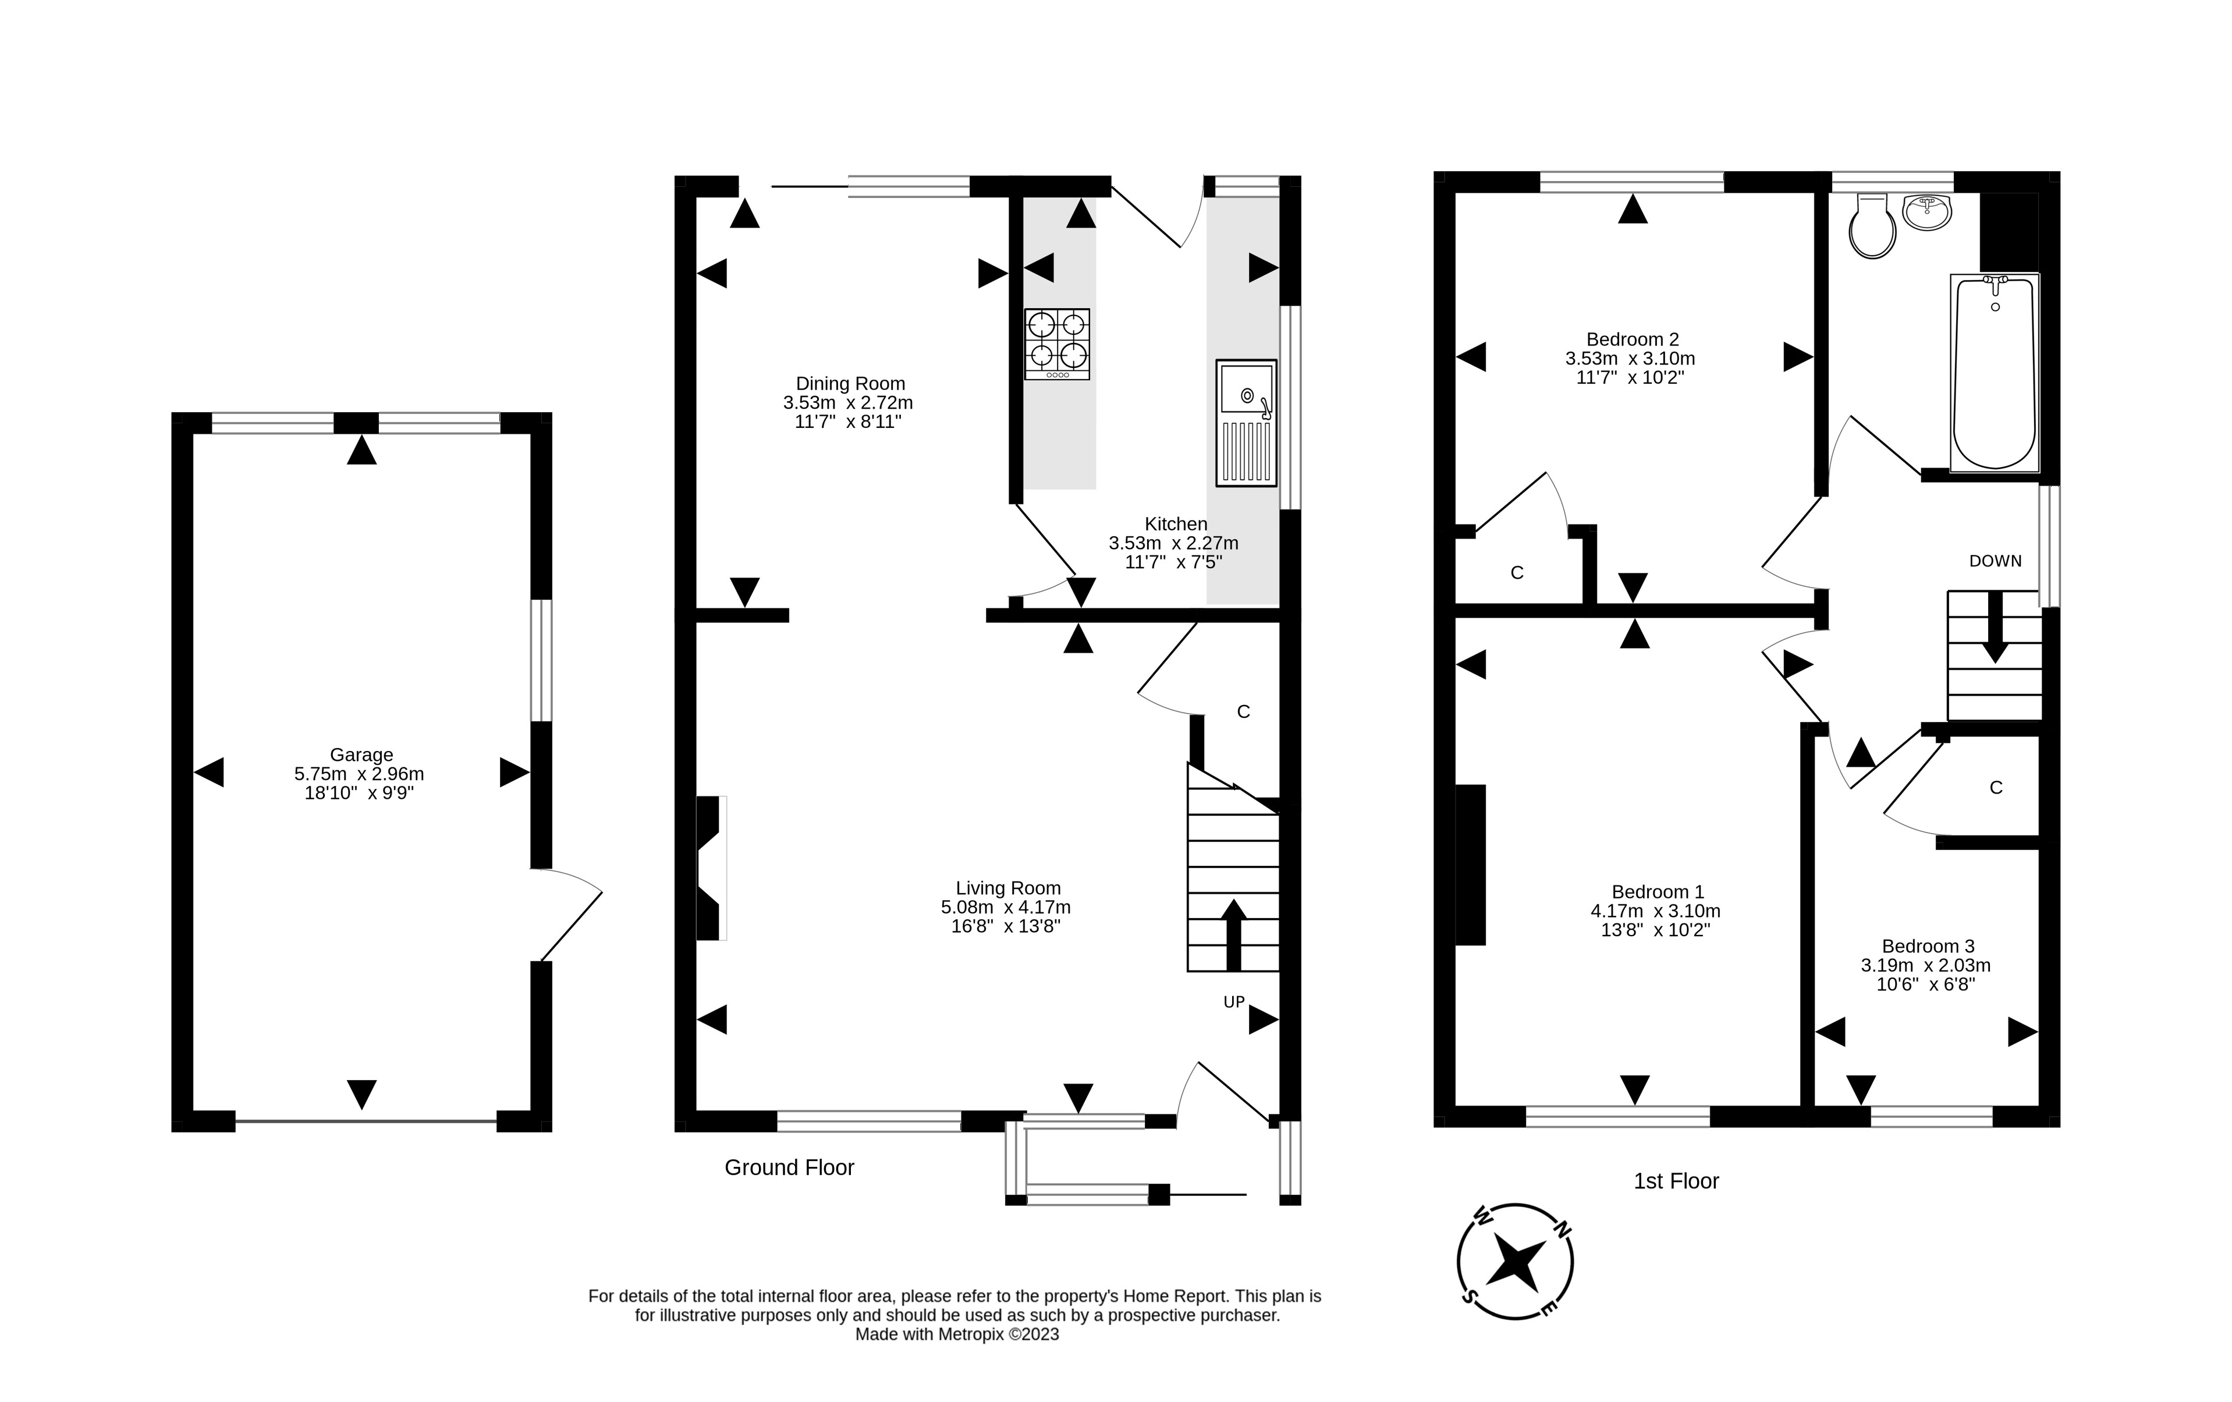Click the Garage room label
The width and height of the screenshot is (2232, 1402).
point(361,755)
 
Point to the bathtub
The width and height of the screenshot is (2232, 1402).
point(1995,372)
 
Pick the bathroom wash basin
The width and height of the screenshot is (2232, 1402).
point(1928,211)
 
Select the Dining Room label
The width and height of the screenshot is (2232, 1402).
point(850,384)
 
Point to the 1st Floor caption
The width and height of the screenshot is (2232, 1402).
point(1676,1181)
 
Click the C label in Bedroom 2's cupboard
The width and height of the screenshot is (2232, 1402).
point(1517,573)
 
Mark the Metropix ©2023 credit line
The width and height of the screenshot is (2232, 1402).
point(957,1335)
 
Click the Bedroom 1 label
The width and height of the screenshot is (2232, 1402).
point(1658,892)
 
